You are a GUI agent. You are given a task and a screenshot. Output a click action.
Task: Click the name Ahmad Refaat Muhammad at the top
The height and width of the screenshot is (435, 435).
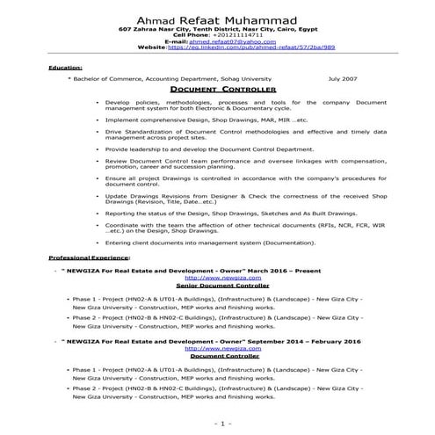217,20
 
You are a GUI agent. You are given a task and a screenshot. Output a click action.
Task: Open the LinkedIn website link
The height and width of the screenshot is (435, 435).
243,47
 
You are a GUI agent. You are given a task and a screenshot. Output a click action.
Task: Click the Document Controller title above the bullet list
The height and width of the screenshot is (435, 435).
217,90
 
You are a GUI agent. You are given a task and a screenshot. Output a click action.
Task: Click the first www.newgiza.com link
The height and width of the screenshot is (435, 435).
218,277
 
